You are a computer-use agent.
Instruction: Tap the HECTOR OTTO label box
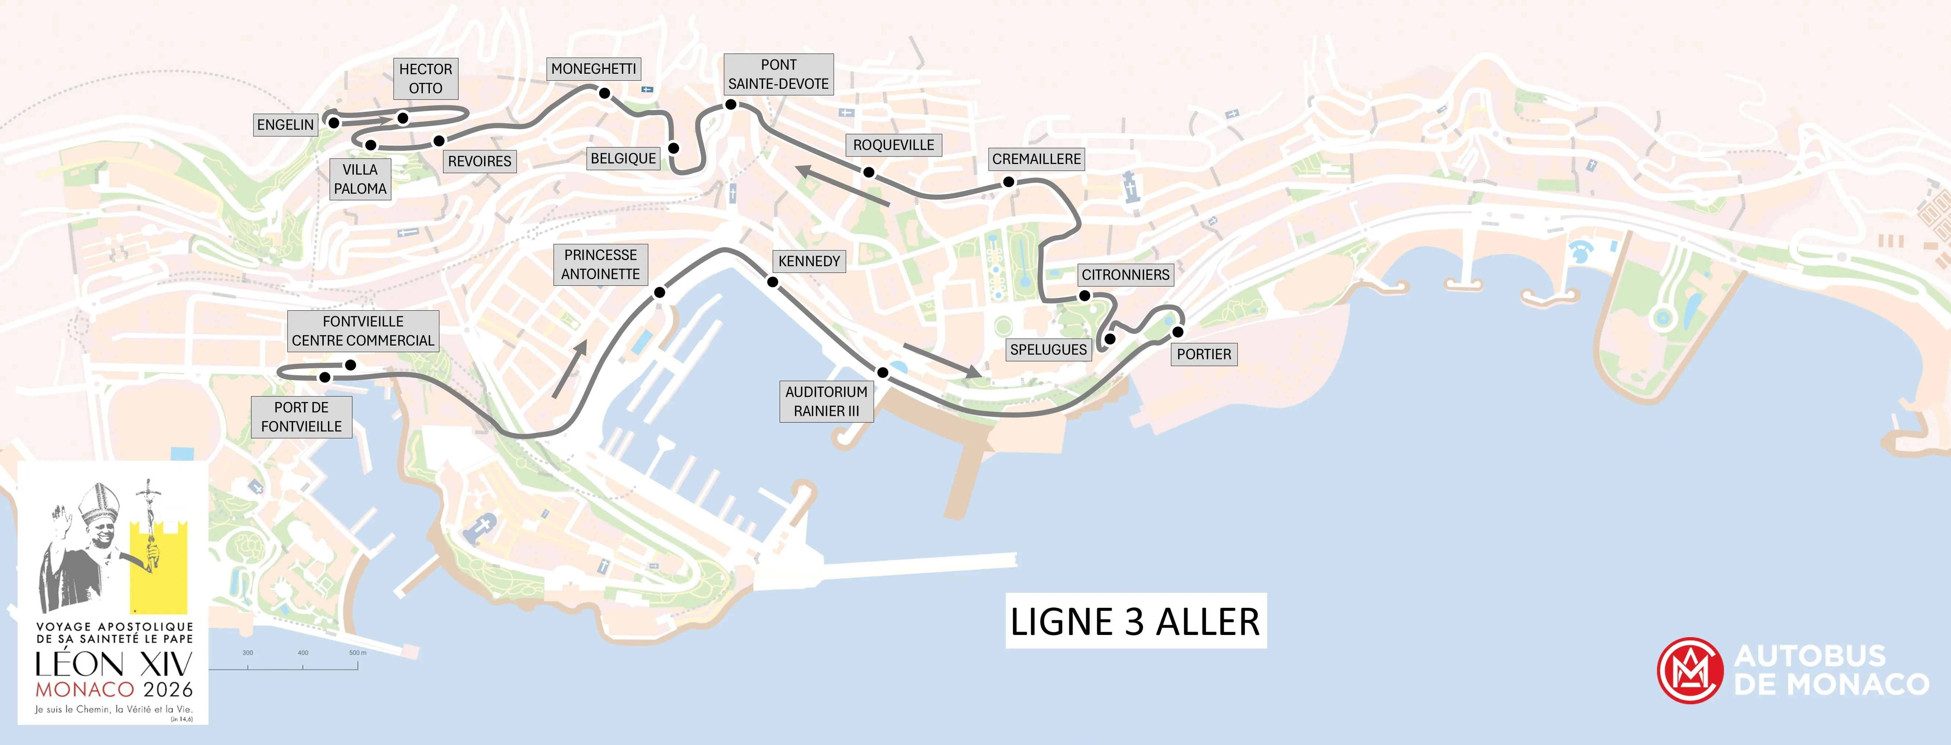pos(426,79)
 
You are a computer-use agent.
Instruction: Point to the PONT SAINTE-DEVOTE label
pos(779,74)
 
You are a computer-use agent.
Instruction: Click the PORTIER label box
pos(1204,354)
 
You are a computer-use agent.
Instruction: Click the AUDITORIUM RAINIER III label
pos(826,401)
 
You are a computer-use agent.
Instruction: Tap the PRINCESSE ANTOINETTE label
pos(601,264)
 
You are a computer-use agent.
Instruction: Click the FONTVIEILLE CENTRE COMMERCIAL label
pos(363,331)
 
